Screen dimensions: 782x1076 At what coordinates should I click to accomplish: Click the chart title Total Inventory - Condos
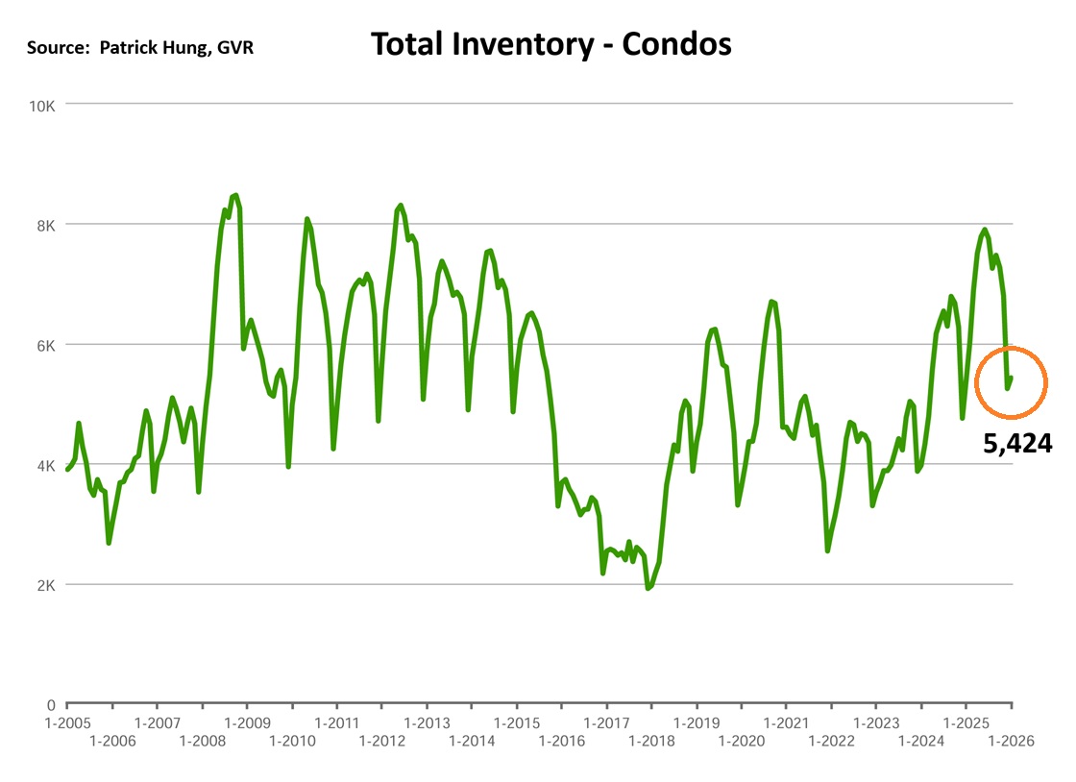pyautogui.click(x=550, y=43)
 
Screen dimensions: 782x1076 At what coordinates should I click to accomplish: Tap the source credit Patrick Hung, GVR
pyautogui.click(x=140, y=46)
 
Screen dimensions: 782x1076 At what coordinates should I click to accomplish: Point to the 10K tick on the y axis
pyautogui.click(x=41, y=105)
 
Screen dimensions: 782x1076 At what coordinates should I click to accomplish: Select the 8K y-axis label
pyautogui.click(x=45, y=225)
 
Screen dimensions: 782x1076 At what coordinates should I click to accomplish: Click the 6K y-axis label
pyautogui.click(x=45, y=345)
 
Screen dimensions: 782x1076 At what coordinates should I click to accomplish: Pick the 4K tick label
pyautogui.click(x=45, y=465)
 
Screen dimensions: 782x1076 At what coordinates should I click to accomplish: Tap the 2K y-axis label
pyautogui.click(x=45, y=585)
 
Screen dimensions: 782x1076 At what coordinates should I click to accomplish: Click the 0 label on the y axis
pyautogui.click(x=51, y=704)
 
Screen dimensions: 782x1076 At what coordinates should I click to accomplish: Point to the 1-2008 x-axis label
pyautogui.click(x=202, y=741)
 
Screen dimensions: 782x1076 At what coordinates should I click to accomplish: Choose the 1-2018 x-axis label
pyautogui.click(x=651, y=741)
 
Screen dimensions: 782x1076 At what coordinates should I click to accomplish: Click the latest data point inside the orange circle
pyautogui.click(x=1012, y=378)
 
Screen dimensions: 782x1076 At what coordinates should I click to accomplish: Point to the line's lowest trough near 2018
pyautogui.click(x=648, y=588)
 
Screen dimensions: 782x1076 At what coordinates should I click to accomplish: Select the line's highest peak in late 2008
pyautogui.click(x=236, y=195)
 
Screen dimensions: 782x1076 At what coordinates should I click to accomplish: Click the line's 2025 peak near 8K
pyautogui.click(x=985, y=230)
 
